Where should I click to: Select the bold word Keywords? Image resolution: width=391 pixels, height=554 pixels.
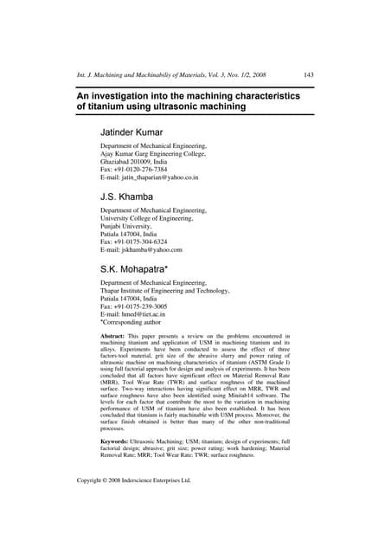pyautogui.click(x=119, y=441)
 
